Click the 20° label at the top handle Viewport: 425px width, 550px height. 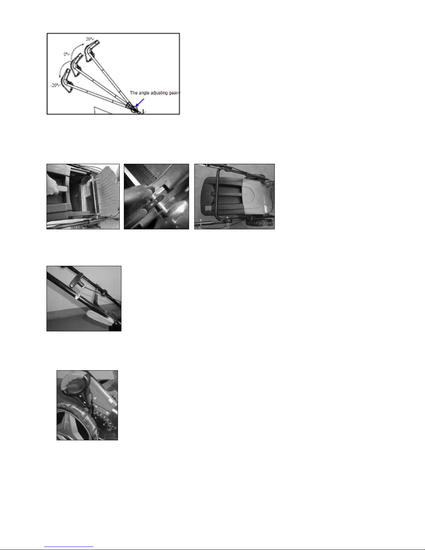tap(89, 39)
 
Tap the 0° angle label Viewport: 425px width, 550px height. tap(66, 54)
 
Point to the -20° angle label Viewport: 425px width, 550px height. tap(55, 85)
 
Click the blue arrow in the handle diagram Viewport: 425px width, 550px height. tap(140, 103)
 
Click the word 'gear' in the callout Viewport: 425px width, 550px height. tap(173, 93)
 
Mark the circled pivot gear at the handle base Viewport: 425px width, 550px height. tap(134, 109)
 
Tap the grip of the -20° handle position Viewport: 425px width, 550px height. tap(67, 81)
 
